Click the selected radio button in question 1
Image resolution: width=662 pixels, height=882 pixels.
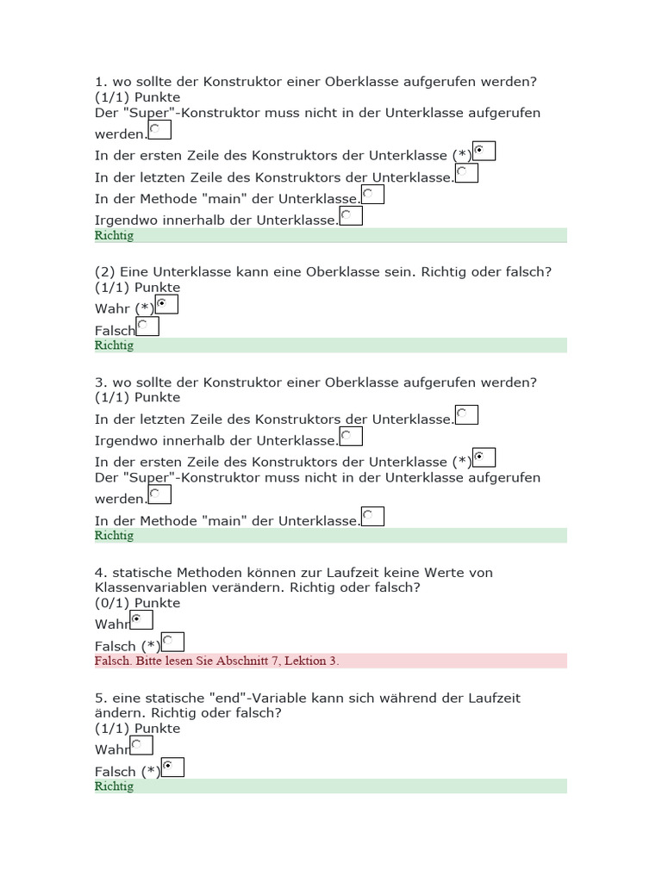click(x=484, y=152)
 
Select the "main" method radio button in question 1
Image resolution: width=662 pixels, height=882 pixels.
click(x=372, y=195)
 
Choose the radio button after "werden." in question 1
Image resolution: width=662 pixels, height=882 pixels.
click(x=159, y=129)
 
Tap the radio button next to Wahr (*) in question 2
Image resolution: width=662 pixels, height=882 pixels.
click(x=166, y=304)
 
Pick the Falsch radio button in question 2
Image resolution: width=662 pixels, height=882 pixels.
click(x=147, y=326)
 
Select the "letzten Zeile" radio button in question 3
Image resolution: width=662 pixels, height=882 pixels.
click(x=466, y=414)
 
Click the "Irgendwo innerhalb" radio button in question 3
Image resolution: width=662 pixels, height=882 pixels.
click(x=351, y=436)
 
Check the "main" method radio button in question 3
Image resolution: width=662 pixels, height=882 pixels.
click(x=372, y=516)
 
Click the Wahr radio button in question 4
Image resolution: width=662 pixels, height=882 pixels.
click(x=141, y=619)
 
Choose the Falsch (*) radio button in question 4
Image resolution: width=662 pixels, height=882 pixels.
click(x=172, y=642)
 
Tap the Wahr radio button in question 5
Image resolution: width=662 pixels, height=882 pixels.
click(x=141, y=745)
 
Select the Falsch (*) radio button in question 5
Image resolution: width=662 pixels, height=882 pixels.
click(x=172, y=767)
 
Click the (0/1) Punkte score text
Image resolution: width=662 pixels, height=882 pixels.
click(x=138, y=603)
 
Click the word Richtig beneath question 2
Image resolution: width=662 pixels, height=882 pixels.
click(x=114, y=345)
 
